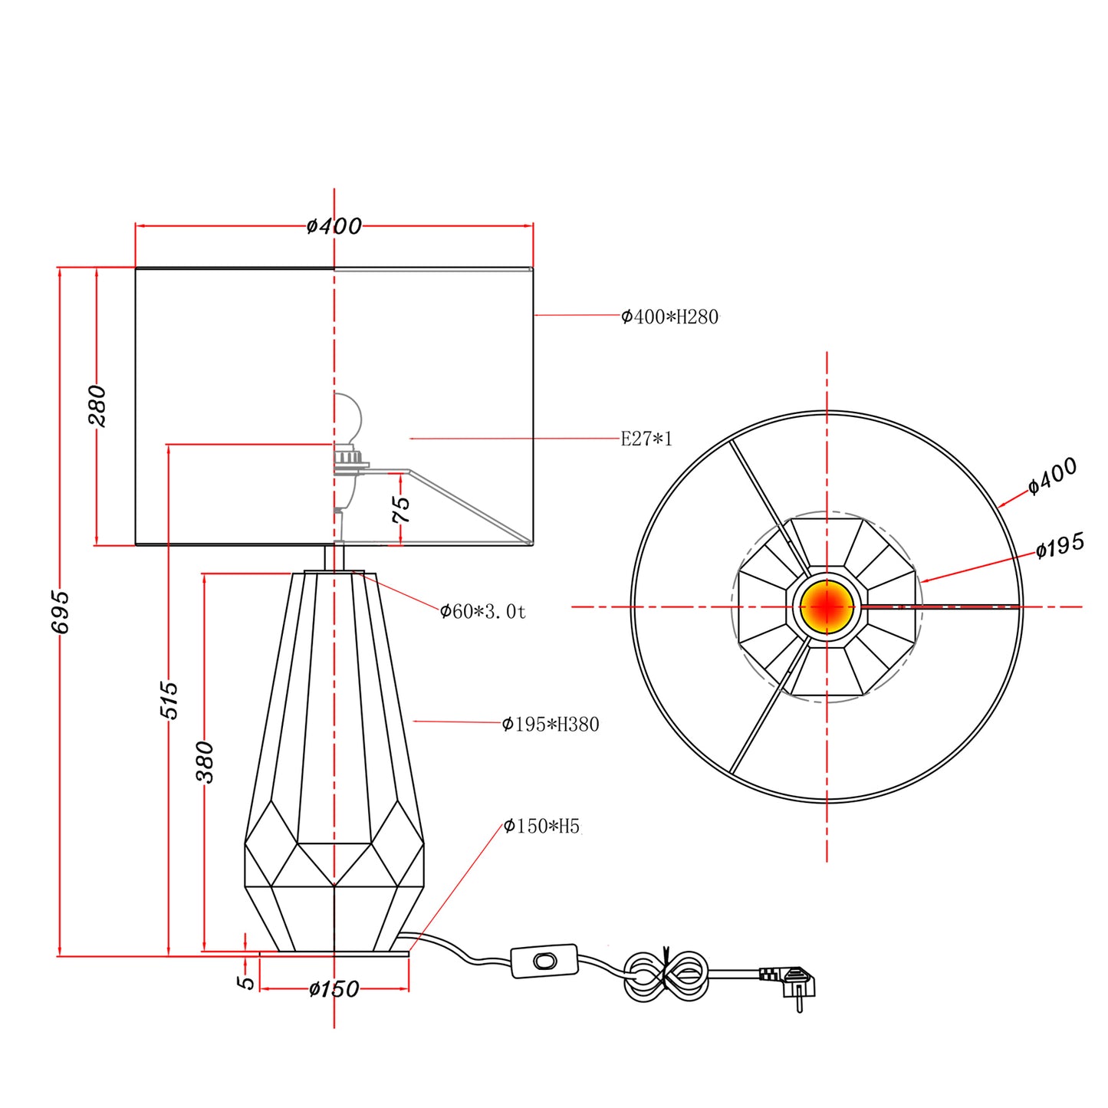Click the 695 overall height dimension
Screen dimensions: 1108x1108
[61, 611]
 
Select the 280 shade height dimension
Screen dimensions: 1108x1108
[97, 406]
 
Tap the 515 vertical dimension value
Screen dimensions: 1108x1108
[169, 700]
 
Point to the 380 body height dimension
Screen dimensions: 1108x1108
[205, 762]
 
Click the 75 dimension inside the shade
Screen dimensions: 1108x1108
[401, 509]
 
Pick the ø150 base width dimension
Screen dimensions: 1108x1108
[334, 989]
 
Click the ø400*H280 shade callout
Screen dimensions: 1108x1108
[670, 317]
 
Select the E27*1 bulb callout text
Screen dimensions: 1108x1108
[646, 439]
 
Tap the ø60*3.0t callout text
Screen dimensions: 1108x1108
[483, 611]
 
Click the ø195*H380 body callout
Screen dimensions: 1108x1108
[551, 724]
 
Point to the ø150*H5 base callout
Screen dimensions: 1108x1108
[542, 827]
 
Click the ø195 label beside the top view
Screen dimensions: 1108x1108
[1060, 545]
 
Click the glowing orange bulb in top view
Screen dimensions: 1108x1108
[827, 607]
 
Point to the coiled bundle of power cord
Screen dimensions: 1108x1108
[667, 976]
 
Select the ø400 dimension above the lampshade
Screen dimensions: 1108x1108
[334, 226]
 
